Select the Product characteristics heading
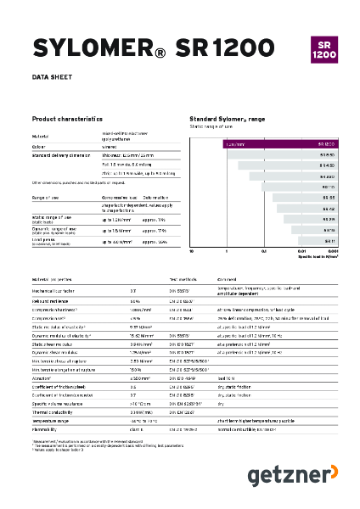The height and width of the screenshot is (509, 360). pos(67,119)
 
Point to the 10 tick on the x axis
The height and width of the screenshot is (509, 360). pos(192,252)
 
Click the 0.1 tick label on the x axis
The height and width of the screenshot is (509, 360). pos(264,252)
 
